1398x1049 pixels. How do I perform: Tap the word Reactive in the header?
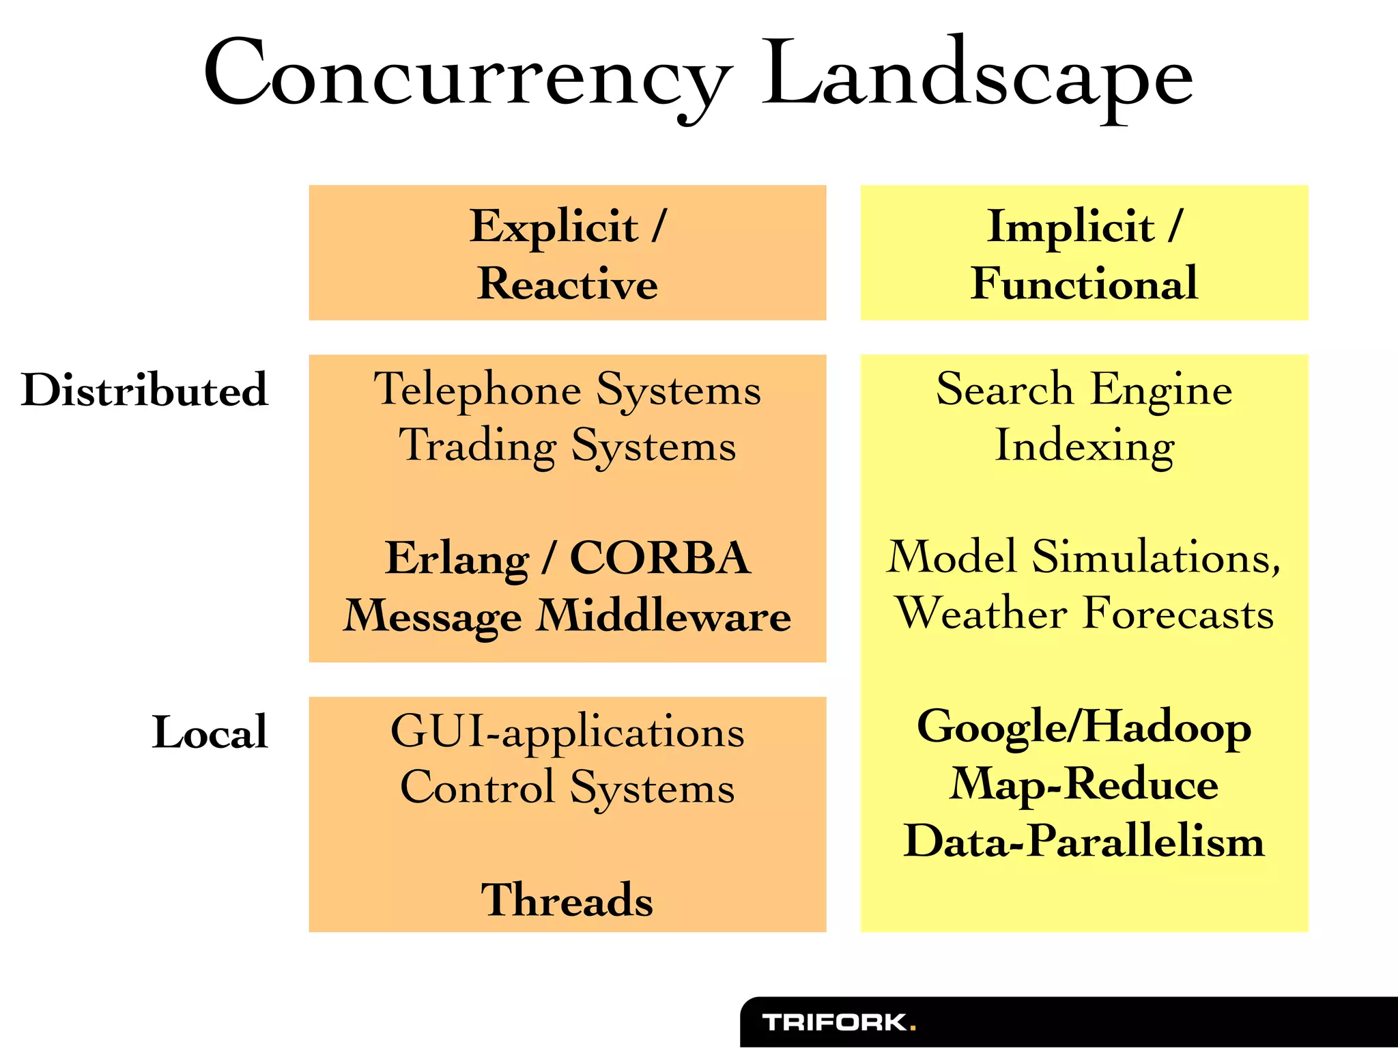pyautogui.click(x=567, y=283)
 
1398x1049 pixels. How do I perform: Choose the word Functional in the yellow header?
pyautogui.click(x=1084, y=283)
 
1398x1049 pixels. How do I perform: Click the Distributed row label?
pyautogui.click(x=145, y=390)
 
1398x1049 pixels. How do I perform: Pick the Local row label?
pyautogui.click(x=210, y=732)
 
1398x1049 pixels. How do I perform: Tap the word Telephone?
pyautogui.click(x=477, y=390)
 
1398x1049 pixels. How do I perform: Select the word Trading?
pyautogui.click(x=477, y=446)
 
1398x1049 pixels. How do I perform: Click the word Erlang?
pyautogui.click(x=456, y=559)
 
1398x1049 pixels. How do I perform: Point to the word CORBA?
pyautogui.click(x=660, y=559)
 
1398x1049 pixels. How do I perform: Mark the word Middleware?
pyautogui.click(x=664, y=616)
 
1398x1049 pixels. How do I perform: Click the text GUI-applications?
pyautogui.click(x=567, y=732)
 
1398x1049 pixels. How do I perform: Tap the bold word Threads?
pyautogui.click(x=567, y=899)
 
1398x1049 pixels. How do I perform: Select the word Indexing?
pyautogui.click(x=1084, y=446)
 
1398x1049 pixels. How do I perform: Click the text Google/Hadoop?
pyautogui.click(x=1084, y=727)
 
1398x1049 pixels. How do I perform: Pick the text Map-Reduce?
pyautogui.click(x=1084, y=784)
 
